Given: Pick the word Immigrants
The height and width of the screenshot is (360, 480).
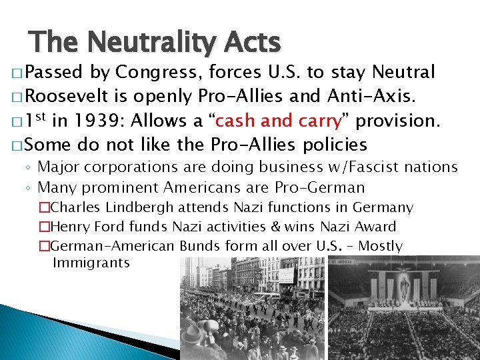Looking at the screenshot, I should click(91, 263).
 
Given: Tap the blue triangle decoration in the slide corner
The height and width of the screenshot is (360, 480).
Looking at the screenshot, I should click(40, 333).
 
